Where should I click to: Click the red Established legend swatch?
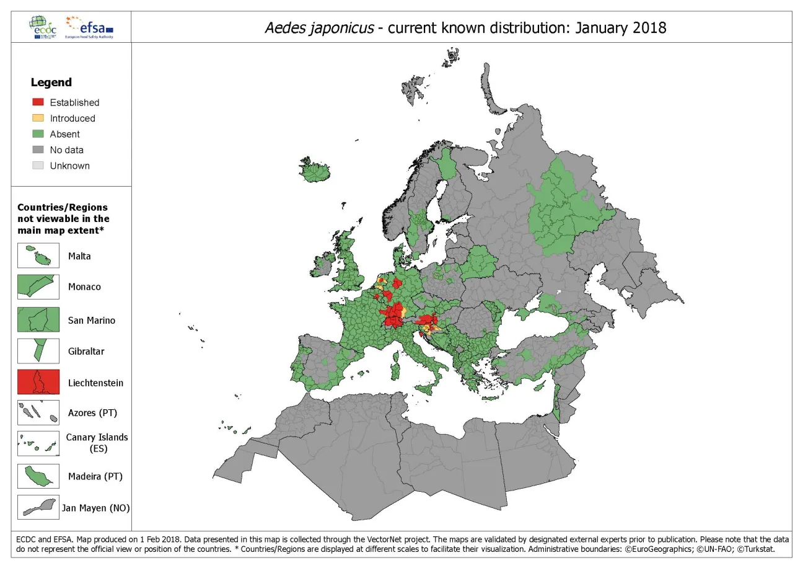point(38,102)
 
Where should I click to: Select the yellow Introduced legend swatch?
point(38,118)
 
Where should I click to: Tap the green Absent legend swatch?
point(38,134)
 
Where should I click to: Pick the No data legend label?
point(66,150)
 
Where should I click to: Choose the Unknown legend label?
point(69,166)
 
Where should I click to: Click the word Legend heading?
point(51,82)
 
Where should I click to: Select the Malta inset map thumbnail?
point(38,255)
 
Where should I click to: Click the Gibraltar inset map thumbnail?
point(38,351)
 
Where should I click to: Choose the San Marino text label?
point(92,321)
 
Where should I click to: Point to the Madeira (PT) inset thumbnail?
point(38,476)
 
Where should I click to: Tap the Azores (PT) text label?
point(92,413)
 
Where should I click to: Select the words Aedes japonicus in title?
point(318,28)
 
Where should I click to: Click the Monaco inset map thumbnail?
point(38,286)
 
